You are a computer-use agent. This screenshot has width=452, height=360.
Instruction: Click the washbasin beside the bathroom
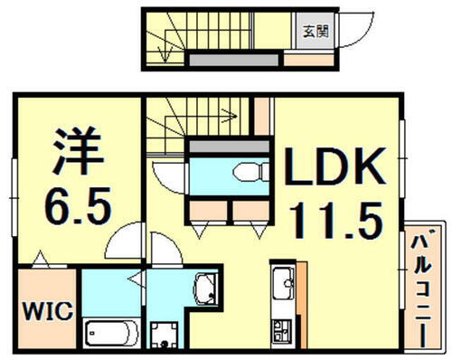[205, 288]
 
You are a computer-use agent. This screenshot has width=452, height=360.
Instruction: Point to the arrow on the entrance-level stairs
[164, 54]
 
